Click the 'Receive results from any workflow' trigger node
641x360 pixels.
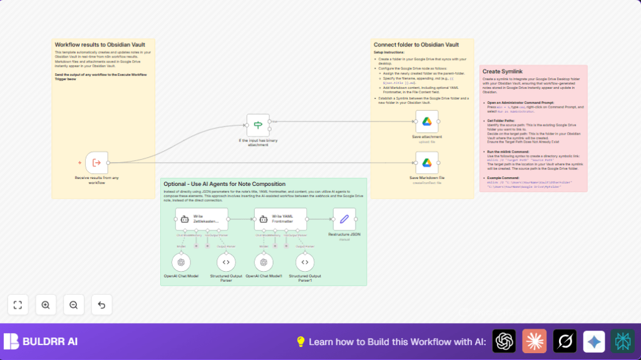[x=96, y=163]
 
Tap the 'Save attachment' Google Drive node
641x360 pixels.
[x=427, y=121]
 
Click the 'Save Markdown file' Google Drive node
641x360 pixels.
[x=427, y=163]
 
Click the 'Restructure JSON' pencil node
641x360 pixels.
[x=344, y=219]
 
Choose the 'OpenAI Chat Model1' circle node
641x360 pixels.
[x=264, y=262]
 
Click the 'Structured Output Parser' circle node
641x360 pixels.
[x=226, y=262]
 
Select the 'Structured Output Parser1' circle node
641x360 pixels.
[x=305, y=262]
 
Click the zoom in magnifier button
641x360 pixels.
[x=46, y=305]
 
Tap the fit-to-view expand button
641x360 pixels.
[x=18, y=305]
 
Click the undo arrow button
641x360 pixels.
[x=101, y=305]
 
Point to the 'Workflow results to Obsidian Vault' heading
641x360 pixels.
[x=100, y=45]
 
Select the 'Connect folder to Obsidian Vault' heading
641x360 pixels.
[x=416, y=45]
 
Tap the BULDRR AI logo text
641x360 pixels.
[x=50, y=342]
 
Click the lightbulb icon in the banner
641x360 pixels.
[x=300, y=342]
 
